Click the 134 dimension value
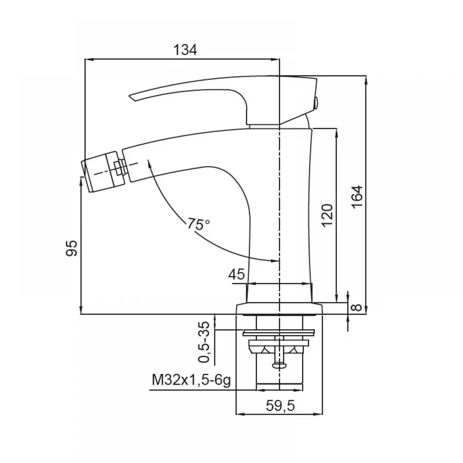coord(185,50)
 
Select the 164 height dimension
coord(357,197)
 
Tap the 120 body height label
coord(327,215)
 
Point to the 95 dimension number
coord(71,248)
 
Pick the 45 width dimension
coord(237,274)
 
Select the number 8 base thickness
coord(357,307)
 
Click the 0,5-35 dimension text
coord(204,342)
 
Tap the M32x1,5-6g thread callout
coord(191,380)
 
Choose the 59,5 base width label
coord(280,406)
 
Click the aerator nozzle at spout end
coord(100,172)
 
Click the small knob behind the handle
coord(316,103)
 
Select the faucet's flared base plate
coord(279,308)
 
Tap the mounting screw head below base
coord(279,366)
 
